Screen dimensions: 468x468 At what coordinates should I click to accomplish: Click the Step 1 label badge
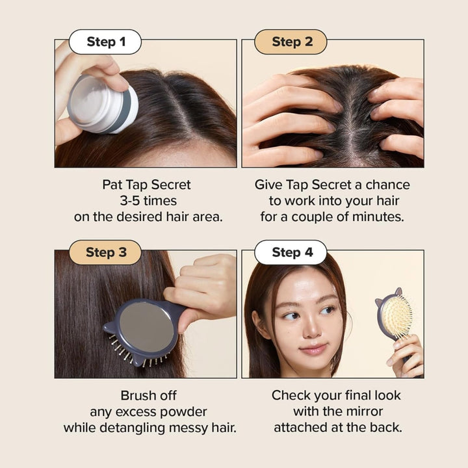(105, 42)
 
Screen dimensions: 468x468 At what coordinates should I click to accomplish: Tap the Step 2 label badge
(291, 42)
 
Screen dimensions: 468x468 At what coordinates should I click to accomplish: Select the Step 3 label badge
(105, 252)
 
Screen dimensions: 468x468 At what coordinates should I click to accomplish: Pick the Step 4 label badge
(291, 252)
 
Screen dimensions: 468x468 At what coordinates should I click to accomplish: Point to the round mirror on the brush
(146, 327)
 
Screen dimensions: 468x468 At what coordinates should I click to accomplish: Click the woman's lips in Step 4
(313, 348)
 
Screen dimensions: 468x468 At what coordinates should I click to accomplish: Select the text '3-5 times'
(148, 201)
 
